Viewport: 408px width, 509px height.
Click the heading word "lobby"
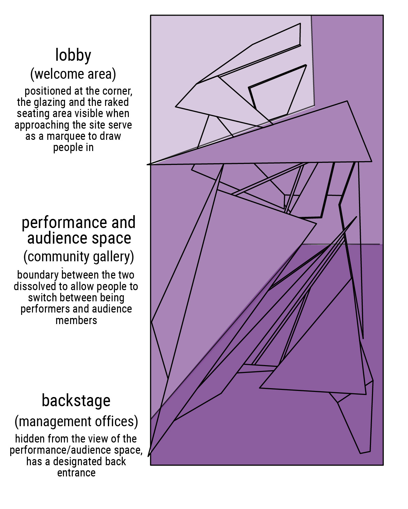[73, 55]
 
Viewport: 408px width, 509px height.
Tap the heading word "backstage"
[76, 401]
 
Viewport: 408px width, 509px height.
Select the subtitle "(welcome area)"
[73, 74]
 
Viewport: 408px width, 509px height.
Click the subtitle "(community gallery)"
[79, 257]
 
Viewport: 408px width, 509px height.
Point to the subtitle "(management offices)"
[76, 421]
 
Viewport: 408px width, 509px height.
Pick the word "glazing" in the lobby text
[50, 102]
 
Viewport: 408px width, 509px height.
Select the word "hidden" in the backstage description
[30, 439]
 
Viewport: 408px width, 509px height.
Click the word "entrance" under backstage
[76, 473]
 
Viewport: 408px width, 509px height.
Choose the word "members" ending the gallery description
[76, 320]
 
